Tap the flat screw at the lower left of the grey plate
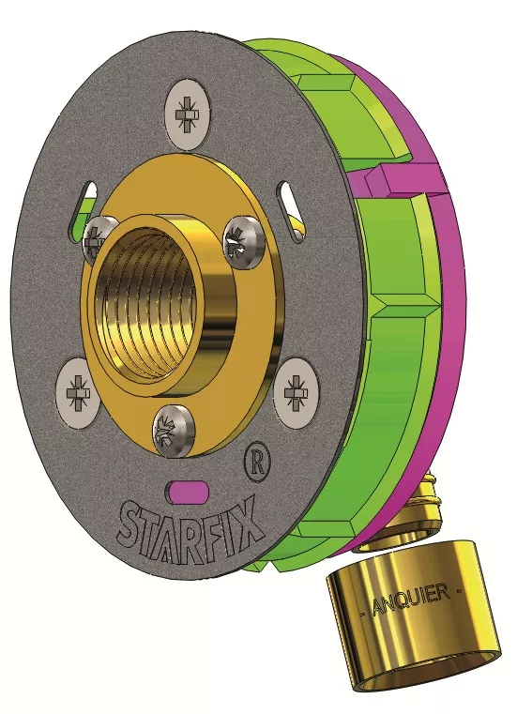(78, 393)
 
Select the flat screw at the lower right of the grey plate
(297, 392)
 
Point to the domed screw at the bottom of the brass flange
(175, 430)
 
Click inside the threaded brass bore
(144, 303)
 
